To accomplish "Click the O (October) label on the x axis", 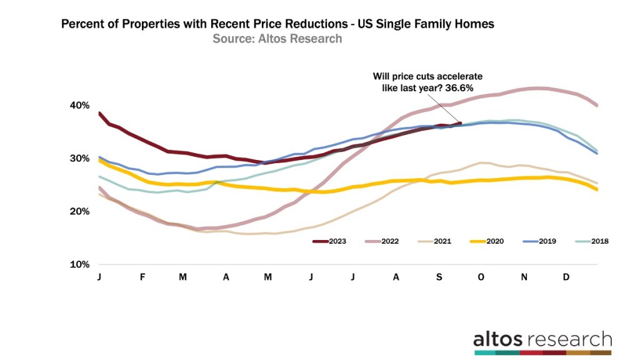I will point(481,277).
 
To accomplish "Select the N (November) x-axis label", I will point(524,277).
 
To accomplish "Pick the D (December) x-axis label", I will point(566,277).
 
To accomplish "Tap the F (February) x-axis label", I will point(142,277).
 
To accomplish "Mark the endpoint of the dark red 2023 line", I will point(460,123).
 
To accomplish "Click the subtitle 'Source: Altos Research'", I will point(277,39).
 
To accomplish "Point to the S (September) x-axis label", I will point(439,277).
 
